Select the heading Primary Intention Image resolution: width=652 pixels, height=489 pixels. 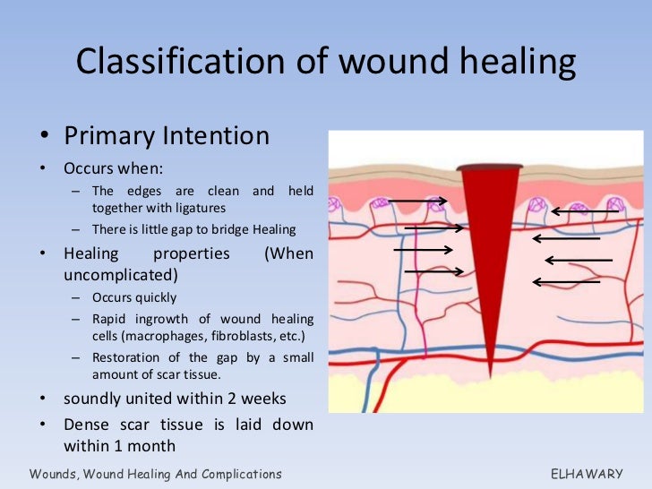pyautogui.click(x=167, y=136)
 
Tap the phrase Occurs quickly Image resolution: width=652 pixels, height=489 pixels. pyautogui.click(x=134, y=297)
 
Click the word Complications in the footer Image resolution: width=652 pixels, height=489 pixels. pyautogui.click(x=233, y=474)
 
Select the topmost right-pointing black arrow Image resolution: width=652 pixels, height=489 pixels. pyautogui.click(x=417, y=203)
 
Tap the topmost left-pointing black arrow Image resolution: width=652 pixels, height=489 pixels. pyautogui.click(x=583, y=212)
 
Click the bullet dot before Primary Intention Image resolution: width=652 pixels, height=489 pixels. pyautogui.click(x=45, y=137)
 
